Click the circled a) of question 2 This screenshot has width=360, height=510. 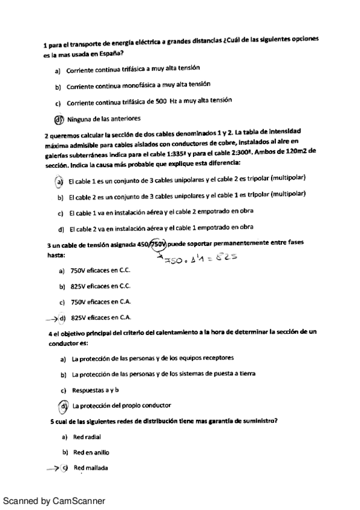pyautogui.click(x=59, y=181)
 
